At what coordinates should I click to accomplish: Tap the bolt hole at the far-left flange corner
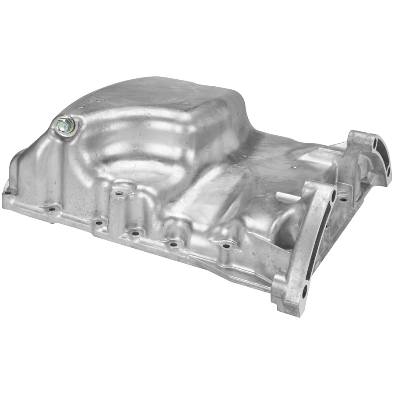(x=7, y=192)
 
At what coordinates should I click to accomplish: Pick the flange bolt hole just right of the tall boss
(x=135, y=232)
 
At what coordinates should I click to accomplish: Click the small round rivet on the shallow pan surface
(x=294, y=167)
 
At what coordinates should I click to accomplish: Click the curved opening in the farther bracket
(x=384, y=160)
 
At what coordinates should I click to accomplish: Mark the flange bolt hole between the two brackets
(x=344, y=200)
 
